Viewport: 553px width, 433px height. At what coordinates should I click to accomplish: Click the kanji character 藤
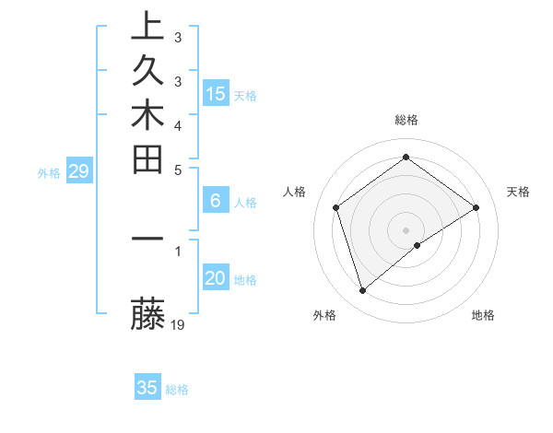148,314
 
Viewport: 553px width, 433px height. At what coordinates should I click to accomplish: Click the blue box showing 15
216,93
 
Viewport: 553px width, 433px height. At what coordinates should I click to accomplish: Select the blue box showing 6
216,200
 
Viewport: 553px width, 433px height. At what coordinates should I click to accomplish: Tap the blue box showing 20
216,278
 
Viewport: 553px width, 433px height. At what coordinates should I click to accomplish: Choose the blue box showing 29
79,170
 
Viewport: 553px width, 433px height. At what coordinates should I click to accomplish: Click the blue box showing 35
147,388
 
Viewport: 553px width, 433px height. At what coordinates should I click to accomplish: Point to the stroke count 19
179,324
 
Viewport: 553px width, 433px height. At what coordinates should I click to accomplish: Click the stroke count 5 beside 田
178,169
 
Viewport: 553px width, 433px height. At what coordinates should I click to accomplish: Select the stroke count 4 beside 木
178,124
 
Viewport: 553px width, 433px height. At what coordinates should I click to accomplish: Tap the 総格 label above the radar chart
406,120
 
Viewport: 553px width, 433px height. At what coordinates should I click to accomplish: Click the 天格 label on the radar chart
519,192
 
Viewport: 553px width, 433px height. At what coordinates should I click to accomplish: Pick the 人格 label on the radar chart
294,192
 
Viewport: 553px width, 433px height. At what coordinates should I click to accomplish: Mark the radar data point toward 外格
363,291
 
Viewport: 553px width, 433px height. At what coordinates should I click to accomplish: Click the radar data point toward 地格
418,245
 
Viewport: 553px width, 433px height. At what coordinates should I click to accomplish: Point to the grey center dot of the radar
406,229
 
